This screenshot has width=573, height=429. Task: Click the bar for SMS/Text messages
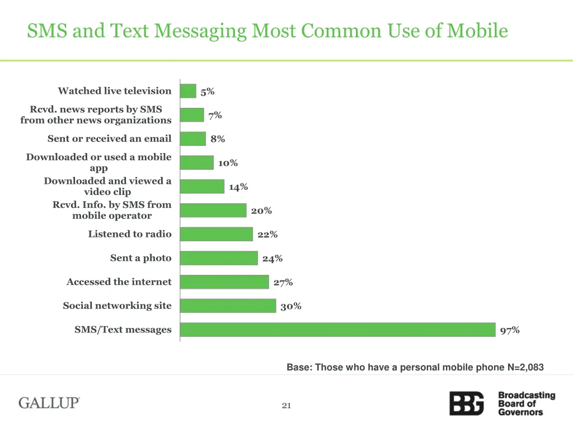(338, 330)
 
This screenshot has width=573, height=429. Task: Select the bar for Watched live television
(188, 91)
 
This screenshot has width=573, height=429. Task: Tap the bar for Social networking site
(228, 306)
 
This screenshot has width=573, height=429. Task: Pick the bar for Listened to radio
(217, 234)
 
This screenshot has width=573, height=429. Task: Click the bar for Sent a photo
(219, 258)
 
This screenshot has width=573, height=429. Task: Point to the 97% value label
(510, 330)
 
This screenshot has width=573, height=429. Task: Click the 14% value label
(238, 187)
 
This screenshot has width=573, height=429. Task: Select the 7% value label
(215, 115)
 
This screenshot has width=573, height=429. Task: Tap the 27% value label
(283, 282)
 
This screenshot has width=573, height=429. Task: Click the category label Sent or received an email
(110, 139)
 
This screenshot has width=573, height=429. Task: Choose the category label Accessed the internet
(119, 282)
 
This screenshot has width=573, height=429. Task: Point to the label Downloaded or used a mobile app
(99, 163)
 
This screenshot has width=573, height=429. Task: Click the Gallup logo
(49, 403)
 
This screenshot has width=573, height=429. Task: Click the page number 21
(286, 406)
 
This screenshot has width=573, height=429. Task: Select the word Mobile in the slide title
(477, 30)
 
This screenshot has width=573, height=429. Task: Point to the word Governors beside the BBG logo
(520, 412)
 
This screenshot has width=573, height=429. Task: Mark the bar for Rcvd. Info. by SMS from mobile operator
(213, 210)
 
